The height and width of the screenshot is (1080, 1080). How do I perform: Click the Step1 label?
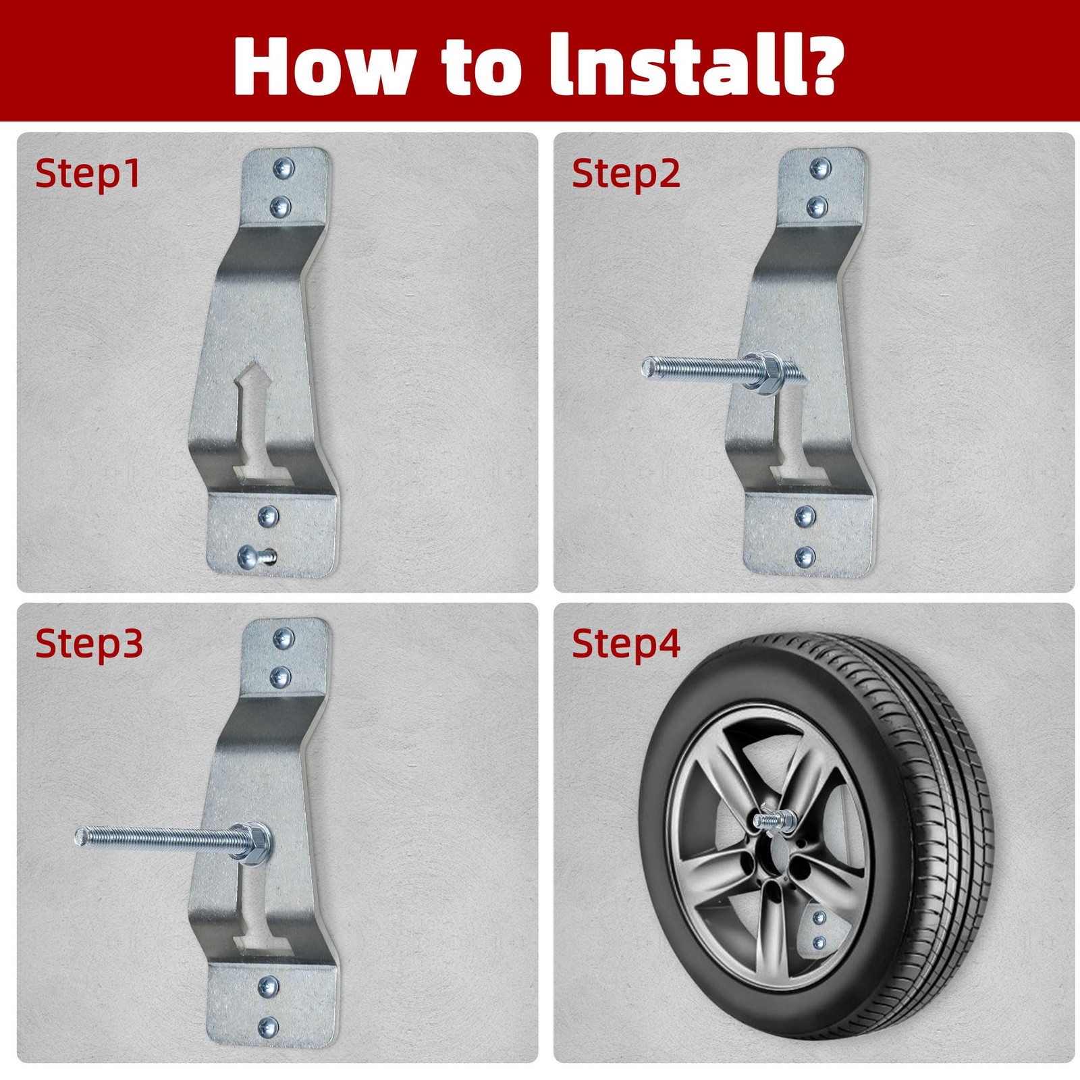coord(88,174)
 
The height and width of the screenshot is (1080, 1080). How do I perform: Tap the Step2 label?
coord(626,174)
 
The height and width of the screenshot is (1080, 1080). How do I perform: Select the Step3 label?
coord(89,643)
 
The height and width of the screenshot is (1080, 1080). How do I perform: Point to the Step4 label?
coord(626,643)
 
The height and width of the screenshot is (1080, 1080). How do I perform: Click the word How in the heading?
coord(323,65)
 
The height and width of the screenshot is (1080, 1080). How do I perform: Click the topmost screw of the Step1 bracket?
coord(283,167)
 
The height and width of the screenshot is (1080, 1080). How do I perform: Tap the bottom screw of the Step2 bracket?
coord(805,557)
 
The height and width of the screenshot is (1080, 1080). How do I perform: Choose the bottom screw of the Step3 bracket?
coord(268,1027)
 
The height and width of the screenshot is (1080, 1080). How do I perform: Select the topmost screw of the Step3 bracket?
coord(283,637)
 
